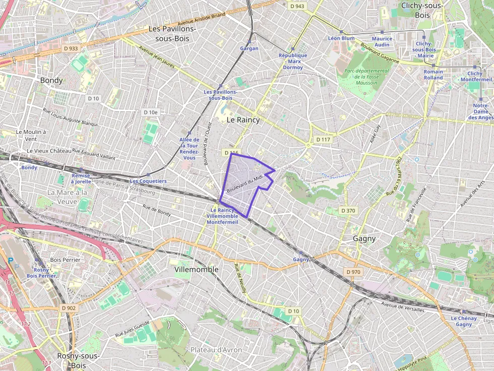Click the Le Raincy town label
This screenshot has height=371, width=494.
tap(243, 120)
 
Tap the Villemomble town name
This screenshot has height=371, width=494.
tap(196, 269)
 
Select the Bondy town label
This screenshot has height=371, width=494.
tap(51, 81)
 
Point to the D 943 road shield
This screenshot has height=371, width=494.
tap(297, 6)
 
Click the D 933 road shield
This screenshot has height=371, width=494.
tap(71, 48)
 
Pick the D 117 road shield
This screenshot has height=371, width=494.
tap(323, 139)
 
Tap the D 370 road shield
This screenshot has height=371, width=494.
tap(348, 210)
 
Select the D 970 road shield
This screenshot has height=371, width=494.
tap(354, 272)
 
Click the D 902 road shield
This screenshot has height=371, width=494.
tap(68, 308)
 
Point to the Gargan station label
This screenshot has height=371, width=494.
tap(249, 48)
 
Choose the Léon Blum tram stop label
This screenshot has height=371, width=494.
tap(341, 38)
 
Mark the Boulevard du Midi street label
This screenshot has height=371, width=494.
tap(245, 185)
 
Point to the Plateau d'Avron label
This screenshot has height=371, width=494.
tap(217, 349)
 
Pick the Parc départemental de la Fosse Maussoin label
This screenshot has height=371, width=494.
tap(366, 77)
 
